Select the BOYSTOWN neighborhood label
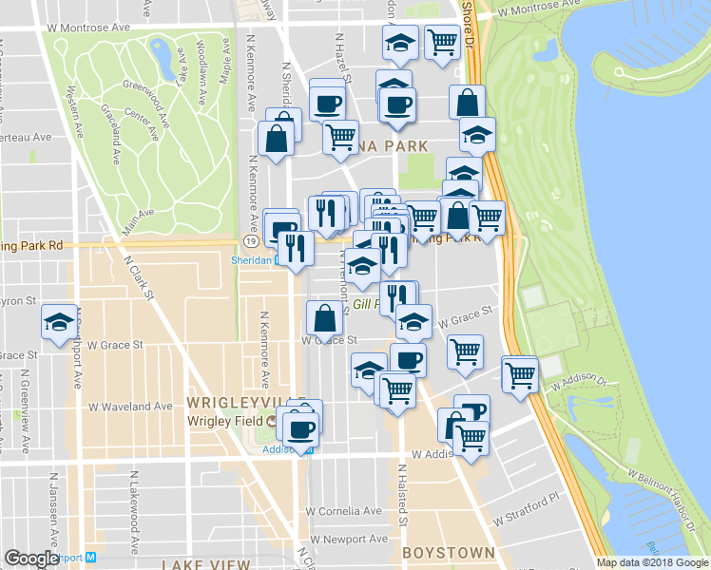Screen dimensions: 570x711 tap(448, 552)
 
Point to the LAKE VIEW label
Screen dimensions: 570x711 tap(205, 564)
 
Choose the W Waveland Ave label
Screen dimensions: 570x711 tap(130, 406)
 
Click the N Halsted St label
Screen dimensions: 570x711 tap(403, 494)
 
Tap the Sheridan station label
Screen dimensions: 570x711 tap(252, 258)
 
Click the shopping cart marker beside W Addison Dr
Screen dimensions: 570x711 tap(520, 374)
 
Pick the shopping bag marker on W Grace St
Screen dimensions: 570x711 tap(324, 318)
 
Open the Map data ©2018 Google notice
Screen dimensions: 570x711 tap(651, 562)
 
